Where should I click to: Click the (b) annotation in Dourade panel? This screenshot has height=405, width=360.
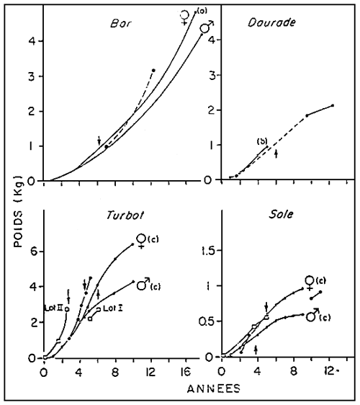pos(263,141)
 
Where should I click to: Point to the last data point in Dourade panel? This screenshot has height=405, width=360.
pos(333,106)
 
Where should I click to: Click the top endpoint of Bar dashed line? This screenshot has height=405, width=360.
pos(153,70)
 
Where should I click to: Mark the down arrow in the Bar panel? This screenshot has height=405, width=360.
pos(99,140)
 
